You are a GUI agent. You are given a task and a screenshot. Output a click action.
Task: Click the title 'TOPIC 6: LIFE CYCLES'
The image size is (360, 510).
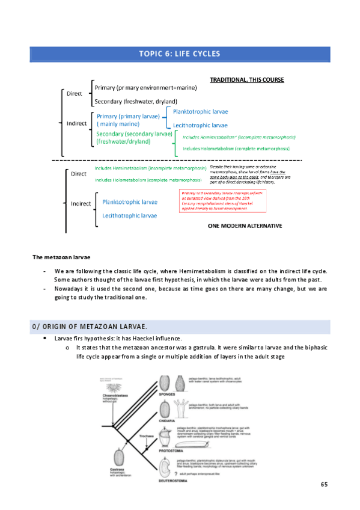(x=180, y=54)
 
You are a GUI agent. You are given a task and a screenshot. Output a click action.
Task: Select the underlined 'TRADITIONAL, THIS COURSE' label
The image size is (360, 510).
(x=246, y=79)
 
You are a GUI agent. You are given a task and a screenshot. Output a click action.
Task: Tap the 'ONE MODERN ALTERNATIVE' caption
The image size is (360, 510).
(x=245, y=226)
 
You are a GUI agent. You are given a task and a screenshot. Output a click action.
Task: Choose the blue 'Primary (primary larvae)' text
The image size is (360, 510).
(x=128, y=115)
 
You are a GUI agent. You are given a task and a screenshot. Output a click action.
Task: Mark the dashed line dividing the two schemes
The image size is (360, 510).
(x=177, y=161)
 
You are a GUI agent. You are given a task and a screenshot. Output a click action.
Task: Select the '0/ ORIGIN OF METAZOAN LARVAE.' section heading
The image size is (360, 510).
(x=89, y=326)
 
